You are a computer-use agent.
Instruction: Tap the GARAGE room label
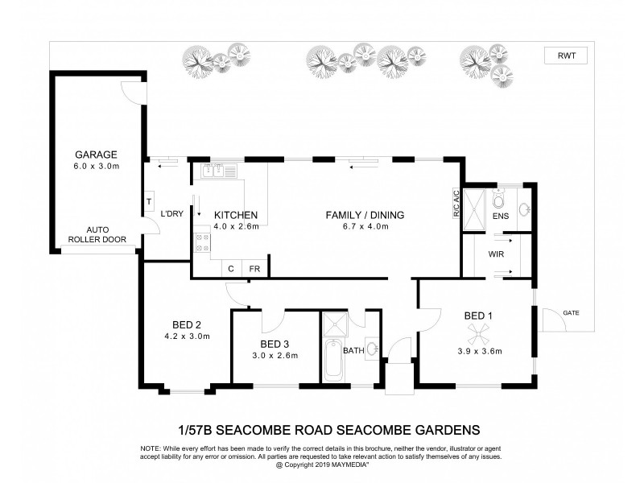[x=97, y=155]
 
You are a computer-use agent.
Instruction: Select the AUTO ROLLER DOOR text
[x=97, y=234]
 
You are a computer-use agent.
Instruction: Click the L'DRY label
[x=171, y=214]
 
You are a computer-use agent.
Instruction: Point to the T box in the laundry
[x=150, y=201]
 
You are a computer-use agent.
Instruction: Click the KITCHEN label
[x=235, y=215]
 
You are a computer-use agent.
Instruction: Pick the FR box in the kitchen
[x=254, y=269]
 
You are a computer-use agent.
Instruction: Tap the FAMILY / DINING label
[x=365, y=215]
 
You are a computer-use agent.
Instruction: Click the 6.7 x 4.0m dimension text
[x=365, y=227]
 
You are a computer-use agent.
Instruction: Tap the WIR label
[x=496, y=254]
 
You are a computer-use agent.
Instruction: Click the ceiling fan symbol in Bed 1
[x=483, y=329]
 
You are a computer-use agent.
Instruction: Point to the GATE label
[x=571, y=312]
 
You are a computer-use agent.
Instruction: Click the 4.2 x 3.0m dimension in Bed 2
[x=187, y=336]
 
